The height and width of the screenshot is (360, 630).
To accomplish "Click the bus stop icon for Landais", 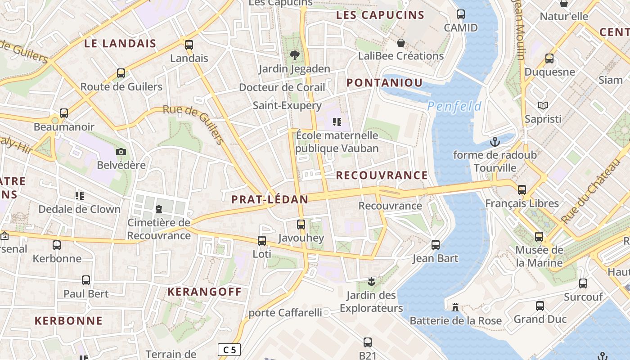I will pyautogui.click(x=189, y=45).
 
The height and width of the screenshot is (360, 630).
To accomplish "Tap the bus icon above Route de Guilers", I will pyautogui.click(x=121, y=73).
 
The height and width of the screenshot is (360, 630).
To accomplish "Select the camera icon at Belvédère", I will pyautogui.click(x=121, y=152).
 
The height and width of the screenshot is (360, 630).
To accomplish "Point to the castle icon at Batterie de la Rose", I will pyautogui.click(x=455, y=308).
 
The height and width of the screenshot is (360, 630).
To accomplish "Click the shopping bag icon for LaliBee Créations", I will pyautogui.click(x=400, y=43).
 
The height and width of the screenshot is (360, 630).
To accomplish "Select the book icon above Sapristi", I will pyautogui.click(x=543, y=106).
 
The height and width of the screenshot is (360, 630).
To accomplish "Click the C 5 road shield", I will pyautogui.click(x=229, y=350).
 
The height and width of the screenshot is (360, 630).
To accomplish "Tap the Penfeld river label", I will pyautogui.click(x=454, y=107).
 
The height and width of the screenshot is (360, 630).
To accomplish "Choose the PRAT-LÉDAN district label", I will pyautogui.click(x=270, y=199).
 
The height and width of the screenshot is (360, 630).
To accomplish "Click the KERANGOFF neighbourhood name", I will pyautogui.click(x=205, y=292).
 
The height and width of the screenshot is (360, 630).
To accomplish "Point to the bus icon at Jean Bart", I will pyautogui.click(x=435, y=245).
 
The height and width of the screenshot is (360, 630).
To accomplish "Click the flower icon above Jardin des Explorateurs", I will pyautogui.click(x=371, y=282).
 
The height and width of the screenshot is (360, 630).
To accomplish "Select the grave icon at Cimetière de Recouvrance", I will pyautogui.click(x=158, y=209).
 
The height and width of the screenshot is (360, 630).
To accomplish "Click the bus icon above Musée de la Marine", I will pyautogui.click(x=539, y=237).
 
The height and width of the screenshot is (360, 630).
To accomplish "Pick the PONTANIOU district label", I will pyautogui.click(x=385, y=83).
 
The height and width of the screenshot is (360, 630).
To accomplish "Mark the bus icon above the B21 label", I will pyautogui.click(x=368, y=342).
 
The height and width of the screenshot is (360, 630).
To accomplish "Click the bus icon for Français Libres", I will pyautogui.click(x=522, y=190).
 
